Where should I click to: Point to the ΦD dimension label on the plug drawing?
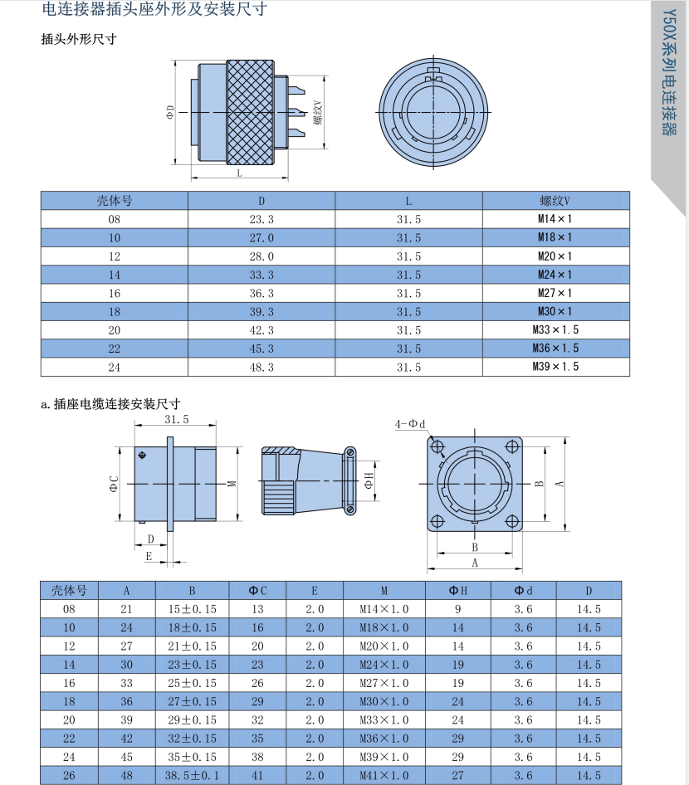coord(170,112)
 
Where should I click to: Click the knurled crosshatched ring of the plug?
coord(250,112)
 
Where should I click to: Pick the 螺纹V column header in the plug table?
coord(555,201)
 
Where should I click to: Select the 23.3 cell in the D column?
coord(261,219)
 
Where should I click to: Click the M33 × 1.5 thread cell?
coord(555,329)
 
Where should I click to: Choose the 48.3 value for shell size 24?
coord(261,367)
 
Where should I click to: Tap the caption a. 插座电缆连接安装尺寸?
coord(110,404)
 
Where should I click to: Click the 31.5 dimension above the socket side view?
coord(177,420)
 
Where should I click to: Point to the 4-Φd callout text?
coord(410,424)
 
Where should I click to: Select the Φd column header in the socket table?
coord(523,591)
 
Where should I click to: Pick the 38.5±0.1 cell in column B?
coord(192,776)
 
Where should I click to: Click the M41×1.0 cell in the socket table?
coord(384,776)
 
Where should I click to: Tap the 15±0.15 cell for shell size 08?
coord(192,609)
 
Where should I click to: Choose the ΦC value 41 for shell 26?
coord(257,776)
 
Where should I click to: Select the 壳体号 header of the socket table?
coord(69,591)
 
